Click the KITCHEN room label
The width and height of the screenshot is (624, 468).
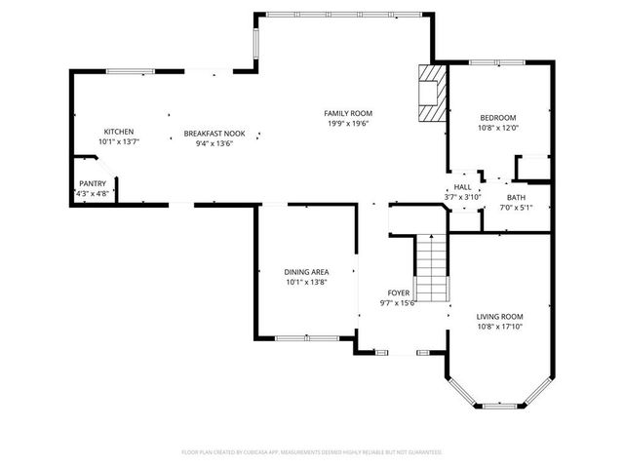pyautogui.click(x=119, y=132)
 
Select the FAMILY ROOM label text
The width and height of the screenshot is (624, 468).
pyautogui.click(x=348, y=113)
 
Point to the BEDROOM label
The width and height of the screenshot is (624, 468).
pyautogui.click(x=497, y=118)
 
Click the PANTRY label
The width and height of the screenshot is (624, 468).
pyautogui.click(x=94, y=183)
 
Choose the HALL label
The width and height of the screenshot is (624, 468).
pyautogui.click(x=462, y=187)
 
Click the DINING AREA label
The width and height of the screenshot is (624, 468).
pyautogui.click(x=306, y=272)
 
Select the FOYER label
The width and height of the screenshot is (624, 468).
pyautogui.click(x=398, y=292)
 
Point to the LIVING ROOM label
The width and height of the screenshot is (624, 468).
pyautogui.click(x=499, y=317)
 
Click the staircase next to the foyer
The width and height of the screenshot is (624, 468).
pyautogui.click(x=431, y=268)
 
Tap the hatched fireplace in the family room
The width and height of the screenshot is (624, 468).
pyautogui.click(x=429, y=94)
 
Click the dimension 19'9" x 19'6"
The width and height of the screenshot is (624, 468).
pyautogui.click(x=348, y=123)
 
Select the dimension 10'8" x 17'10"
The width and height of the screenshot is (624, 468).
pyautogui.click(x=499, y=327)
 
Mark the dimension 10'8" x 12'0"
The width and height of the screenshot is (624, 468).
pyautogui.click(x=497, y=128)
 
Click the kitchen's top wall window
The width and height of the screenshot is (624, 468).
pyautogui.click(x=130, y=70)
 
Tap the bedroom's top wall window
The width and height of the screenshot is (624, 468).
pyautogui.click(x=498, y=63)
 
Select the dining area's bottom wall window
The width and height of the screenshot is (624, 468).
pyautogui.click(x=306, y=338)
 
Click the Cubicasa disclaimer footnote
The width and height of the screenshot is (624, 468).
pyautogui.click(x=312, y=452)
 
